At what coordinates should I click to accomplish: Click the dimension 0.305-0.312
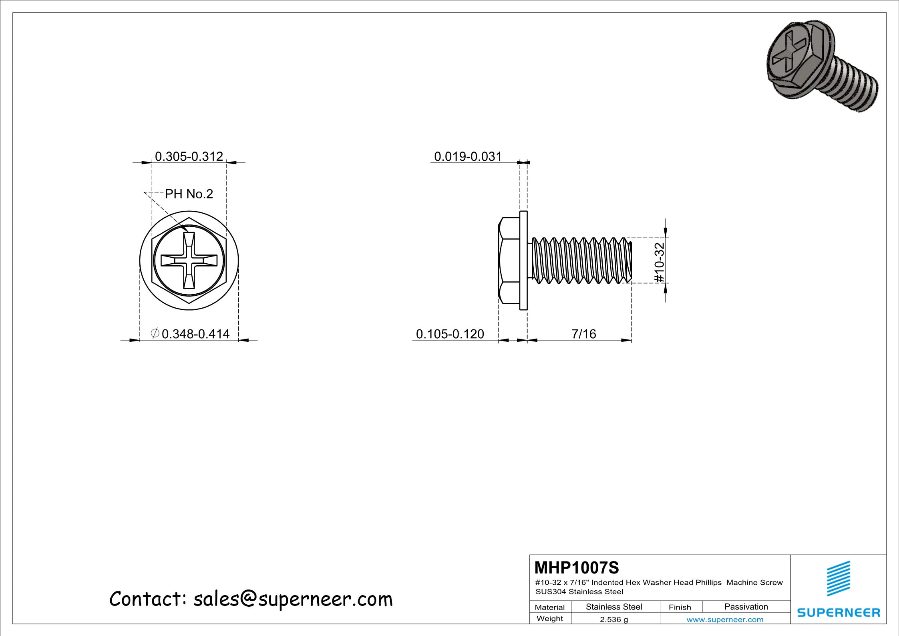(189, 156)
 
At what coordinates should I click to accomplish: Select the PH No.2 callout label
(189, 194)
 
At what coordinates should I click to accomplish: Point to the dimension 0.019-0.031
(468, 156)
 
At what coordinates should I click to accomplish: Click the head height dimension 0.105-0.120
(450, 334)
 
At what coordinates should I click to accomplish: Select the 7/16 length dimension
(583, 334)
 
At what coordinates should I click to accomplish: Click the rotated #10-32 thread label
(659, 262)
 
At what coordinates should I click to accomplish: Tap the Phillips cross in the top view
(189, 261)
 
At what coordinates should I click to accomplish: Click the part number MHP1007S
(577, 567)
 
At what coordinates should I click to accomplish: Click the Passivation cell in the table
(746, 607)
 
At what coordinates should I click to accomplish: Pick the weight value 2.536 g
(613, 619)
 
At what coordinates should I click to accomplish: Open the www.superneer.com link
(725, 620)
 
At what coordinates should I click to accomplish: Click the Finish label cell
(680, 607)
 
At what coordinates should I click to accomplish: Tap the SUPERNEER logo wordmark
(839, 613)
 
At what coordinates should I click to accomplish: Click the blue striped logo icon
(839, 578)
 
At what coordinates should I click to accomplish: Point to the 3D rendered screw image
(821, 66)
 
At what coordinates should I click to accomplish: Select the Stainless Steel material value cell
(613, 607)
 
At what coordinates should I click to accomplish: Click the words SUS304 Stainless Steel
(579, 592)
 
